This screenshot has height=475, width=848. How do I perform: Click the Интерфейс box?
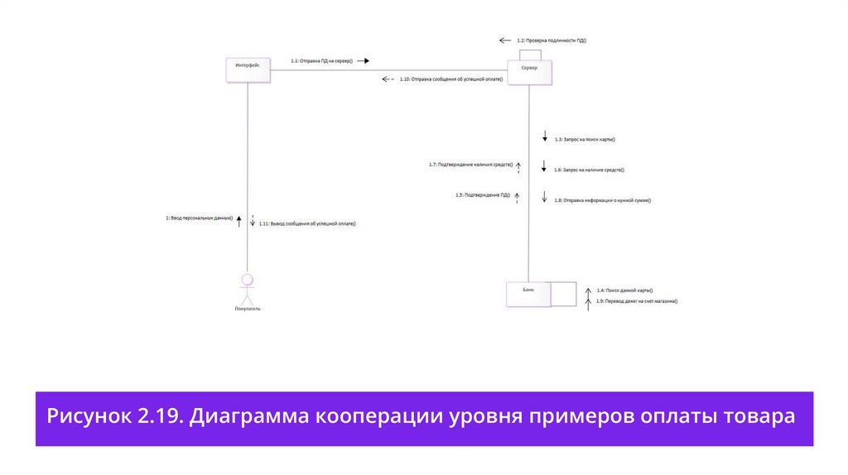[248, 70]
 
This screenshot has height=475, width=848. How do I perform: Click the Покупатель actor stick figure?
[247, 285]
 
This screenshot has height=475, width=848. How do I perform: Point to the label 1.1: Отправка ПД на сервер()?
[321, 60]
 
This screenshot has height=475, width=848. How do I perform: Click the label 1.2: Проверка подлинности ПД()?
[551, 40]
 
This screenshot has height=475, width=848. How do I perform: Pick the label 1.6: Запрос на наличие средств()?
[589, 170]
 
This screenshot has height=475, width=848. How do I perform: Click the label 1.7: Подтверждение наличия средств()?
[470, 165]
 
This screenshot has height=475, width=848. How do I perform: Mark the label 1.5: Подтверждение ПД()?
[482, 194]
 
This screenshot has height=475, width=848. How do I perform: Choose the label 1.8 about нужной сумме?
[602, 199]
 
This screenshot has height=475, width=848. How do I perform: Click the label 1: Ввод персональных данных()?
[199, 218]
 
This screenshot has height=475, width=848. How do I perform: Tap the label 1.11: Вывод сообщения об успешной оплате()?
[312, 223]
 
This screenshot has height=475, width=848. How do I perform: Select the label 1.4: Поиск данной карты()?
[624, 290]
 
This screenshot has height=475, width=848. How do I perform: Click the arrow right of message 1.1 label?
[362, 60]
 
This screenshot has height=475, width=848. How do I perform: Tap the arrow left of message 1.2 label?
[505, 40]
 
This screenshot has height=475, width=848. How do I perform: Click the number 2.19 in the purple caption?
[157, 416]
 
